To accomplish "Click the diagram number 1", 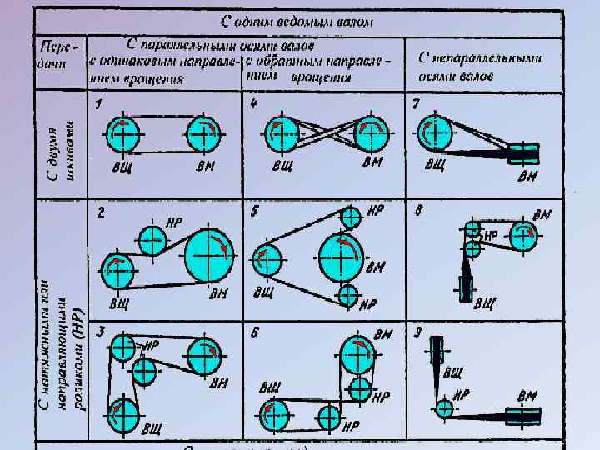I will (98, 105).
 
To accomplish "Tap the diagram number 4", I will (253, 104).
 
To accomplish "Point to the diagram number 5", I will (254, 212).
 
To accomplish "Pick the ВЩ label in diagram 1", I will (122, 166).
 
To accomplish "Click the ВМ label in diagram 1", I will (206, 165).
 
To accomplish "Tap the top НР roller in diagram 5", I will (352, 217).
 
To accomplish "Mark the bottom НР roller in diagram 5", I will (349, 295).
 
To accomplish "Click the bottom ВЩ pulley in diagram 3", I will (124, 413).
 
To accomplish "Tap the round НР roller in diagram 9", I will (444, 408).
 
